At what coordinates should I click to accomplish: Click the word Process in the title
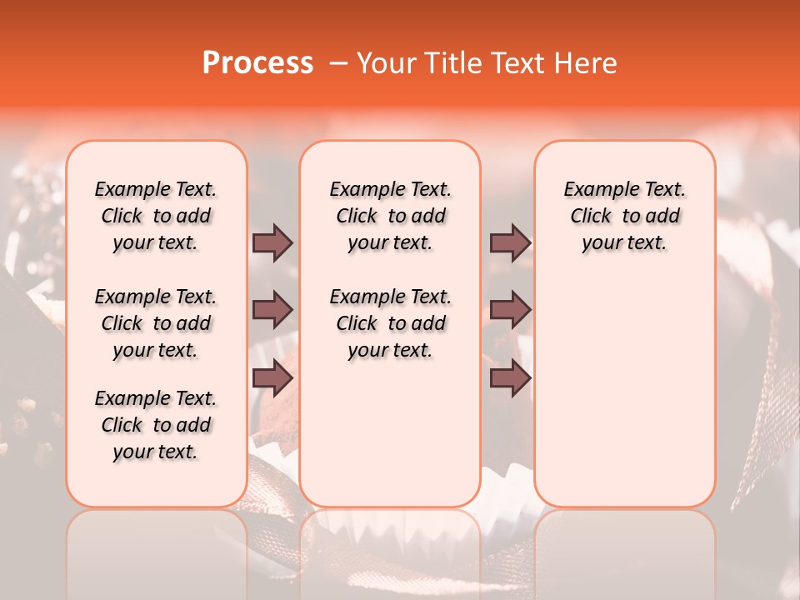[x=257, y=62]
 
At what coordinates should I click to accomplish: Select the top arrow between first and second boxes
[x=272, y=242]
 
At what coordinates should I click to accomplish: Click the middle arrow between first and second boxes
[x=272, y=310]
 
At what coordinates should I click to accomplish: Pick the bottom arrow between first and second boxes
[x=272, y=377]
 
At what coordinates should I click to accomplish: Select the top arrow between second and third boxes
[x=510, y=242]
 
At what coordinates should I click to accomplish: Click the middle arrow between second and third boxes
[x=510, y=310]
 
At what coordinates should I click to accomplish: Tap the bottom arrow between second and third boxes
[x=510, y=377]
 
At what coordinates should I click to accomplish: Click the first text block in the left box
[x=156, y=216]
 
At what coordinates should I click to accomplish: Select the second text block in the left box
[x=156, y=323]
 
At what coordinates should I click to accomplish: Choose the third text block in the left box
[x=156, y=425]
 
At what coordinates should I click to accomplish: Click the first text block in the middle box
[x=390, y=216]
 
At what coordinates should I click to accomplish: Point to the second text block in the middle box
[x=390, y=323]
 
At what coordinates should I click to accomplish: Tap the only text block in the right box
[x=624, y=216]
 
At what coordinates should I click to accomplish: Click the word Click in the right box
[x=591, y=217]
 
